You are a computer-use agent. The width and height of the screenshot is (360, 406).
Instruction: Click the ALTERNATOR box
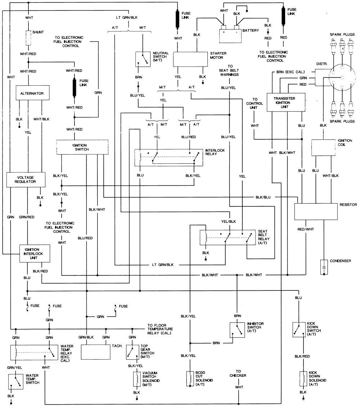(32, 93)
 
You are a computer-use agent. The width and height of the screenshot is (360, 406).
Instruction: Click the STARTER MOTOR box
(191, 59)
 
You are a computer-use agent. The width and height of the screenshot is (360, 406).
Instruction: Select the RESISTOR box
(316, 211)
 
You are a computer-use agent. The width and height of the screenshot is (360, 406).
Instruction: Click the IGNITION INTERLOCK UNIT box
(34, 254)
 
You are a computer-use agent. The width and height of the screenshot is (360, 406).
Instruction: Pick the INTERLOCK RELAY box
(168, 157)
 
